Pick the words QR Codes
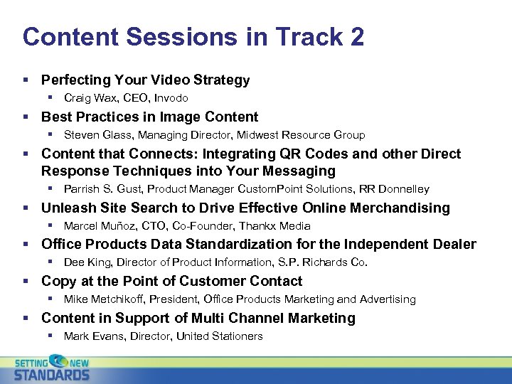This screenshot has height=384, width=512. click(335, 154)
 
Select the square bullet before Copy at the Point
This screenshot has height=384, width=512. click(26, 282)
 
